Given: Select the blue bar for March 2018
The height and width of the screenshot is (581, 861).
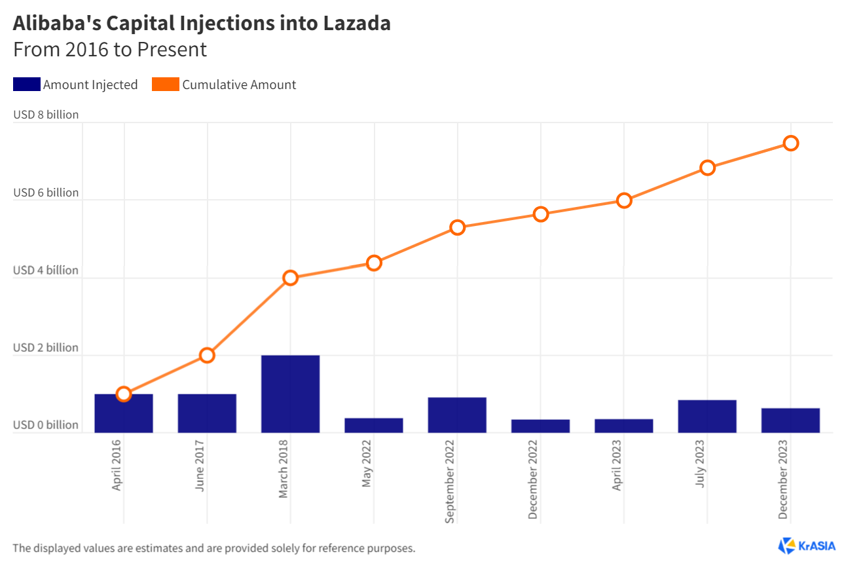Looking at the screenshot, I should tap(290, 394).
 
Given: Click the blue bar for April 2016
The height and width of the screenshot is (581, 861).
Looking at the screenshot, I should tap(124, 413).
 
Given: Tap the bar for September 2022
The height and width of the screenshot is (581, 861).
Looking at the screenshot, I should tap(457, 415).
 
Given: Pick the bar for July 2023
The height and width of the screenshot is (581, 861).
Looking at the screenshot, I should tap(707, 416).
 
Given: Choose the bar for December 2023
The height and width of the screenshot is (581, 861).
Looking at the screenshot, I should tap(790, 420).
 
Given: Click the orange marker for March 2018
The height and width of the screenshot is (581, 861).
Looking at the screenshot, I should tap(290, 278).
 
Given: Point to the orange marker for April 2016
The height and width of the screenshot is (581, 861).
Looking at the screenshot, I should tap(124, 394).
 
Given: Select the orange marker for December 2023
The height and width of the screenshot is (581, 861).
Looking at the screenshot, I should tap(790, 143).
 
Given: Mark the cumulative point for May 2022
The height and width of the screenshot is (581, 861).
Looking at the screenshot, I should tap(374, 263).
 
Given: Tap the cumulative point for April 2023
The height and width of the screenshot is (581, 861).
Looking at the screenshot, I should tap(624, 200).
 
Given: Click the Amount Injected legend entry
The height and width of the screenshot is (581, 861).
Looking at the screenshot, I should tap(76, 84).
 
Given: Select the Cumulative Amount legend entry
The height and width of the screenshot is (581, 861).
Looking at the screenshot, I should tap(225, 84).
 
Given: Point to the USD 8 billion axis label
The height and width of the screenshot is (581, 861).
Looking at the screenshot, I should tap(46, 115).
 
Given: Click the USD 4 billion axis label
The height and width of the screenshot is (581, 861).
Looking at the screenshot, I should tap(46, 270).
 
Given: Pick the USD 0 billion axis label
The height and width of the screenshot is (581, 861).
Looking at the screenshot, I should tap(46, 425).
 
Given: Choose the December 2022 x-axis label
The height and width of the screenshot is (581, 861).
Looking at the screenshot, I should tap(533, 479).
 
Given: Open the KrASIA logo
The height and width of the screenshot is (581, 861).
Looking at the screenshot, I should tap(807, 546).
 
